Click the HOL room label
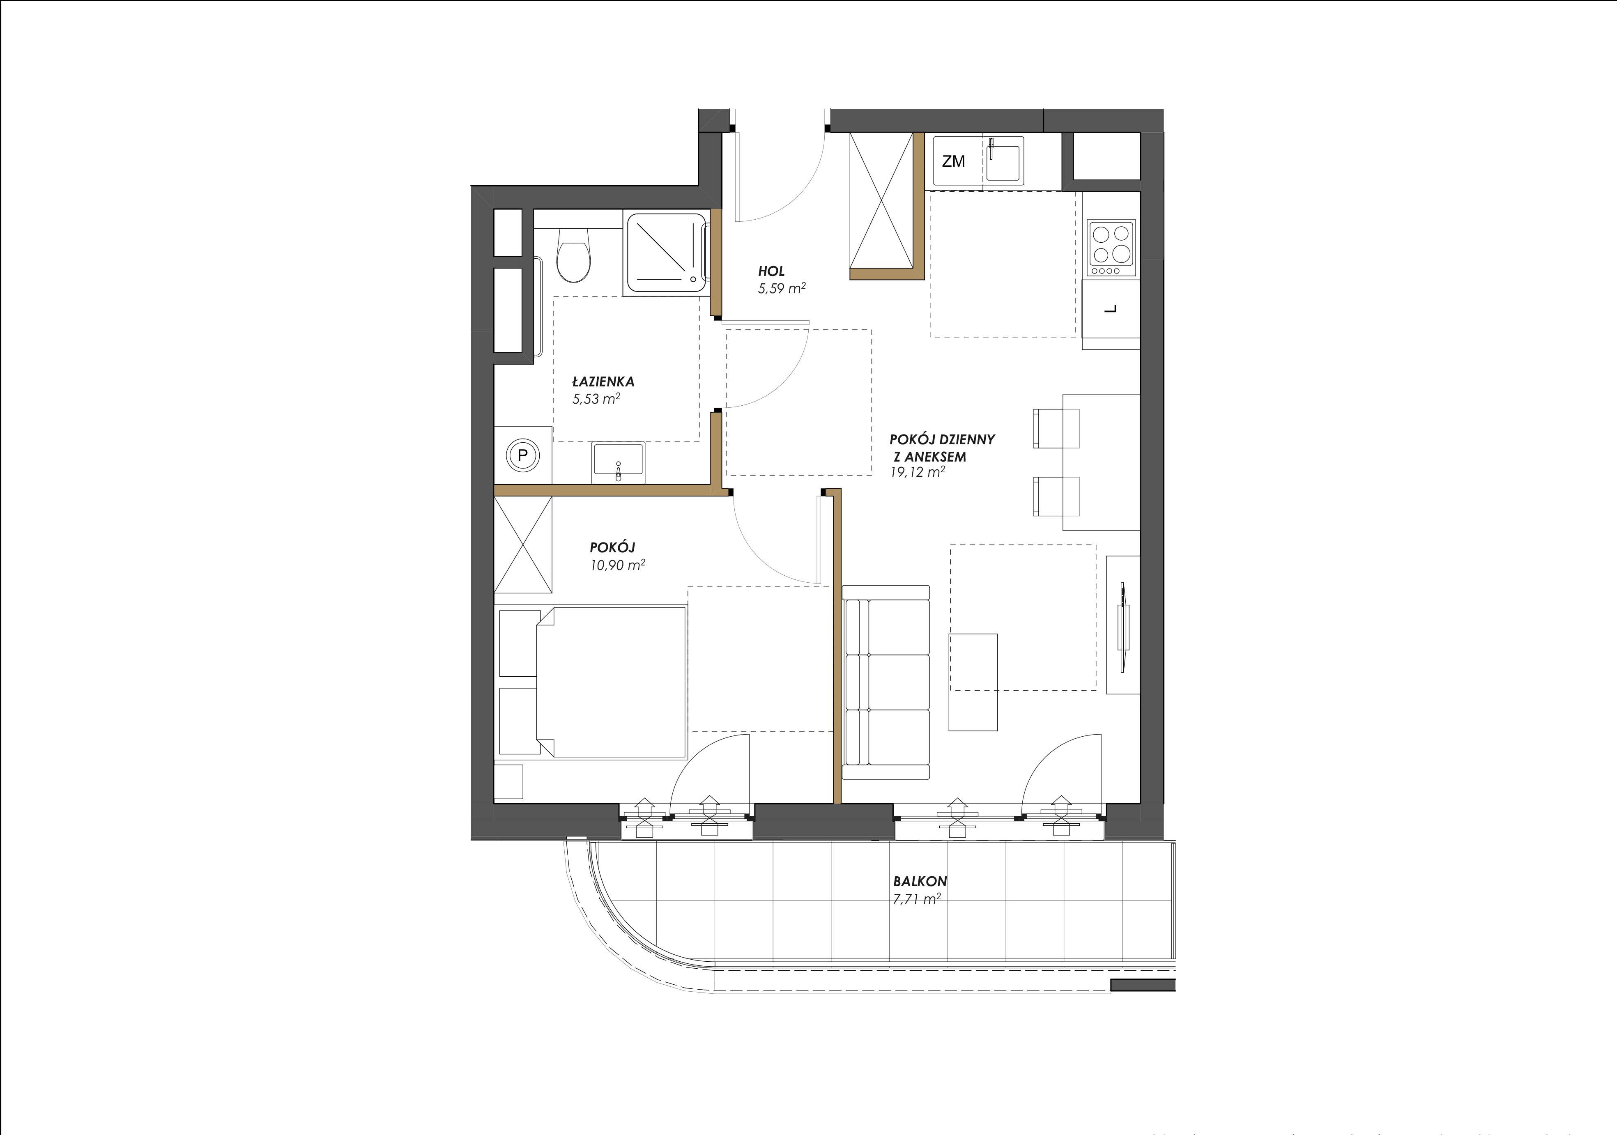pos(771,271)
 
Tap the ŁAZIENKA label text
pos(603,381)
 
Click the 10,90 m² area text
pos(618,565)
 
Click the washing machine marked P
pos(522,455)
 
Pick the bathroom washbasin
pos(618,463)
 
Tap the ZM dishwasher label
pos(954,161)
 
